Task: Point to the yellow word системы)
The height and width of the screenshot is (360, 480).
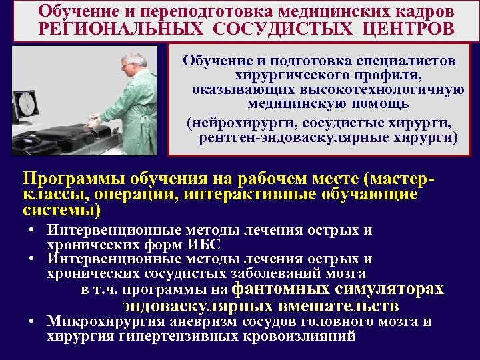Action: click(x=62, y=210)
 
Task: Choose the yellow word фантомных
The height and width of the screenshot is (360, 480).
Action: click(x=281, y=289)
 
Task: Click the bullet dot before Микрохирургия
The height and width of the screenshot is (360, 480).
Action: click(x=32, y=322)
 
